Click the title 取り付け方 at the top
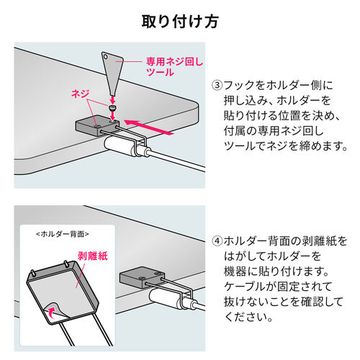[180, 21]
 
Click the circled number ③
[216, 83]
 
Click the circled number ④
[216, 240]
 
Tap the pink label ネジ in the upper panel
[81, 94]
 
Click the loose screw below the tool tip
[113, 108]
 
